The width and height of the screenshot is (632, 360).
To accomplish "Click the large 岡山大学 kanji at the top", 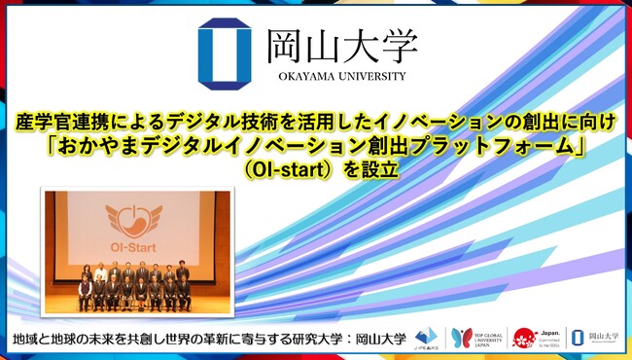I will click(341, 45).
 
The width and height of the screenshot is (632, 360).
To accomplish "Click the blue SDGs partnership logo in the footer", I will click(423, 337).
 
